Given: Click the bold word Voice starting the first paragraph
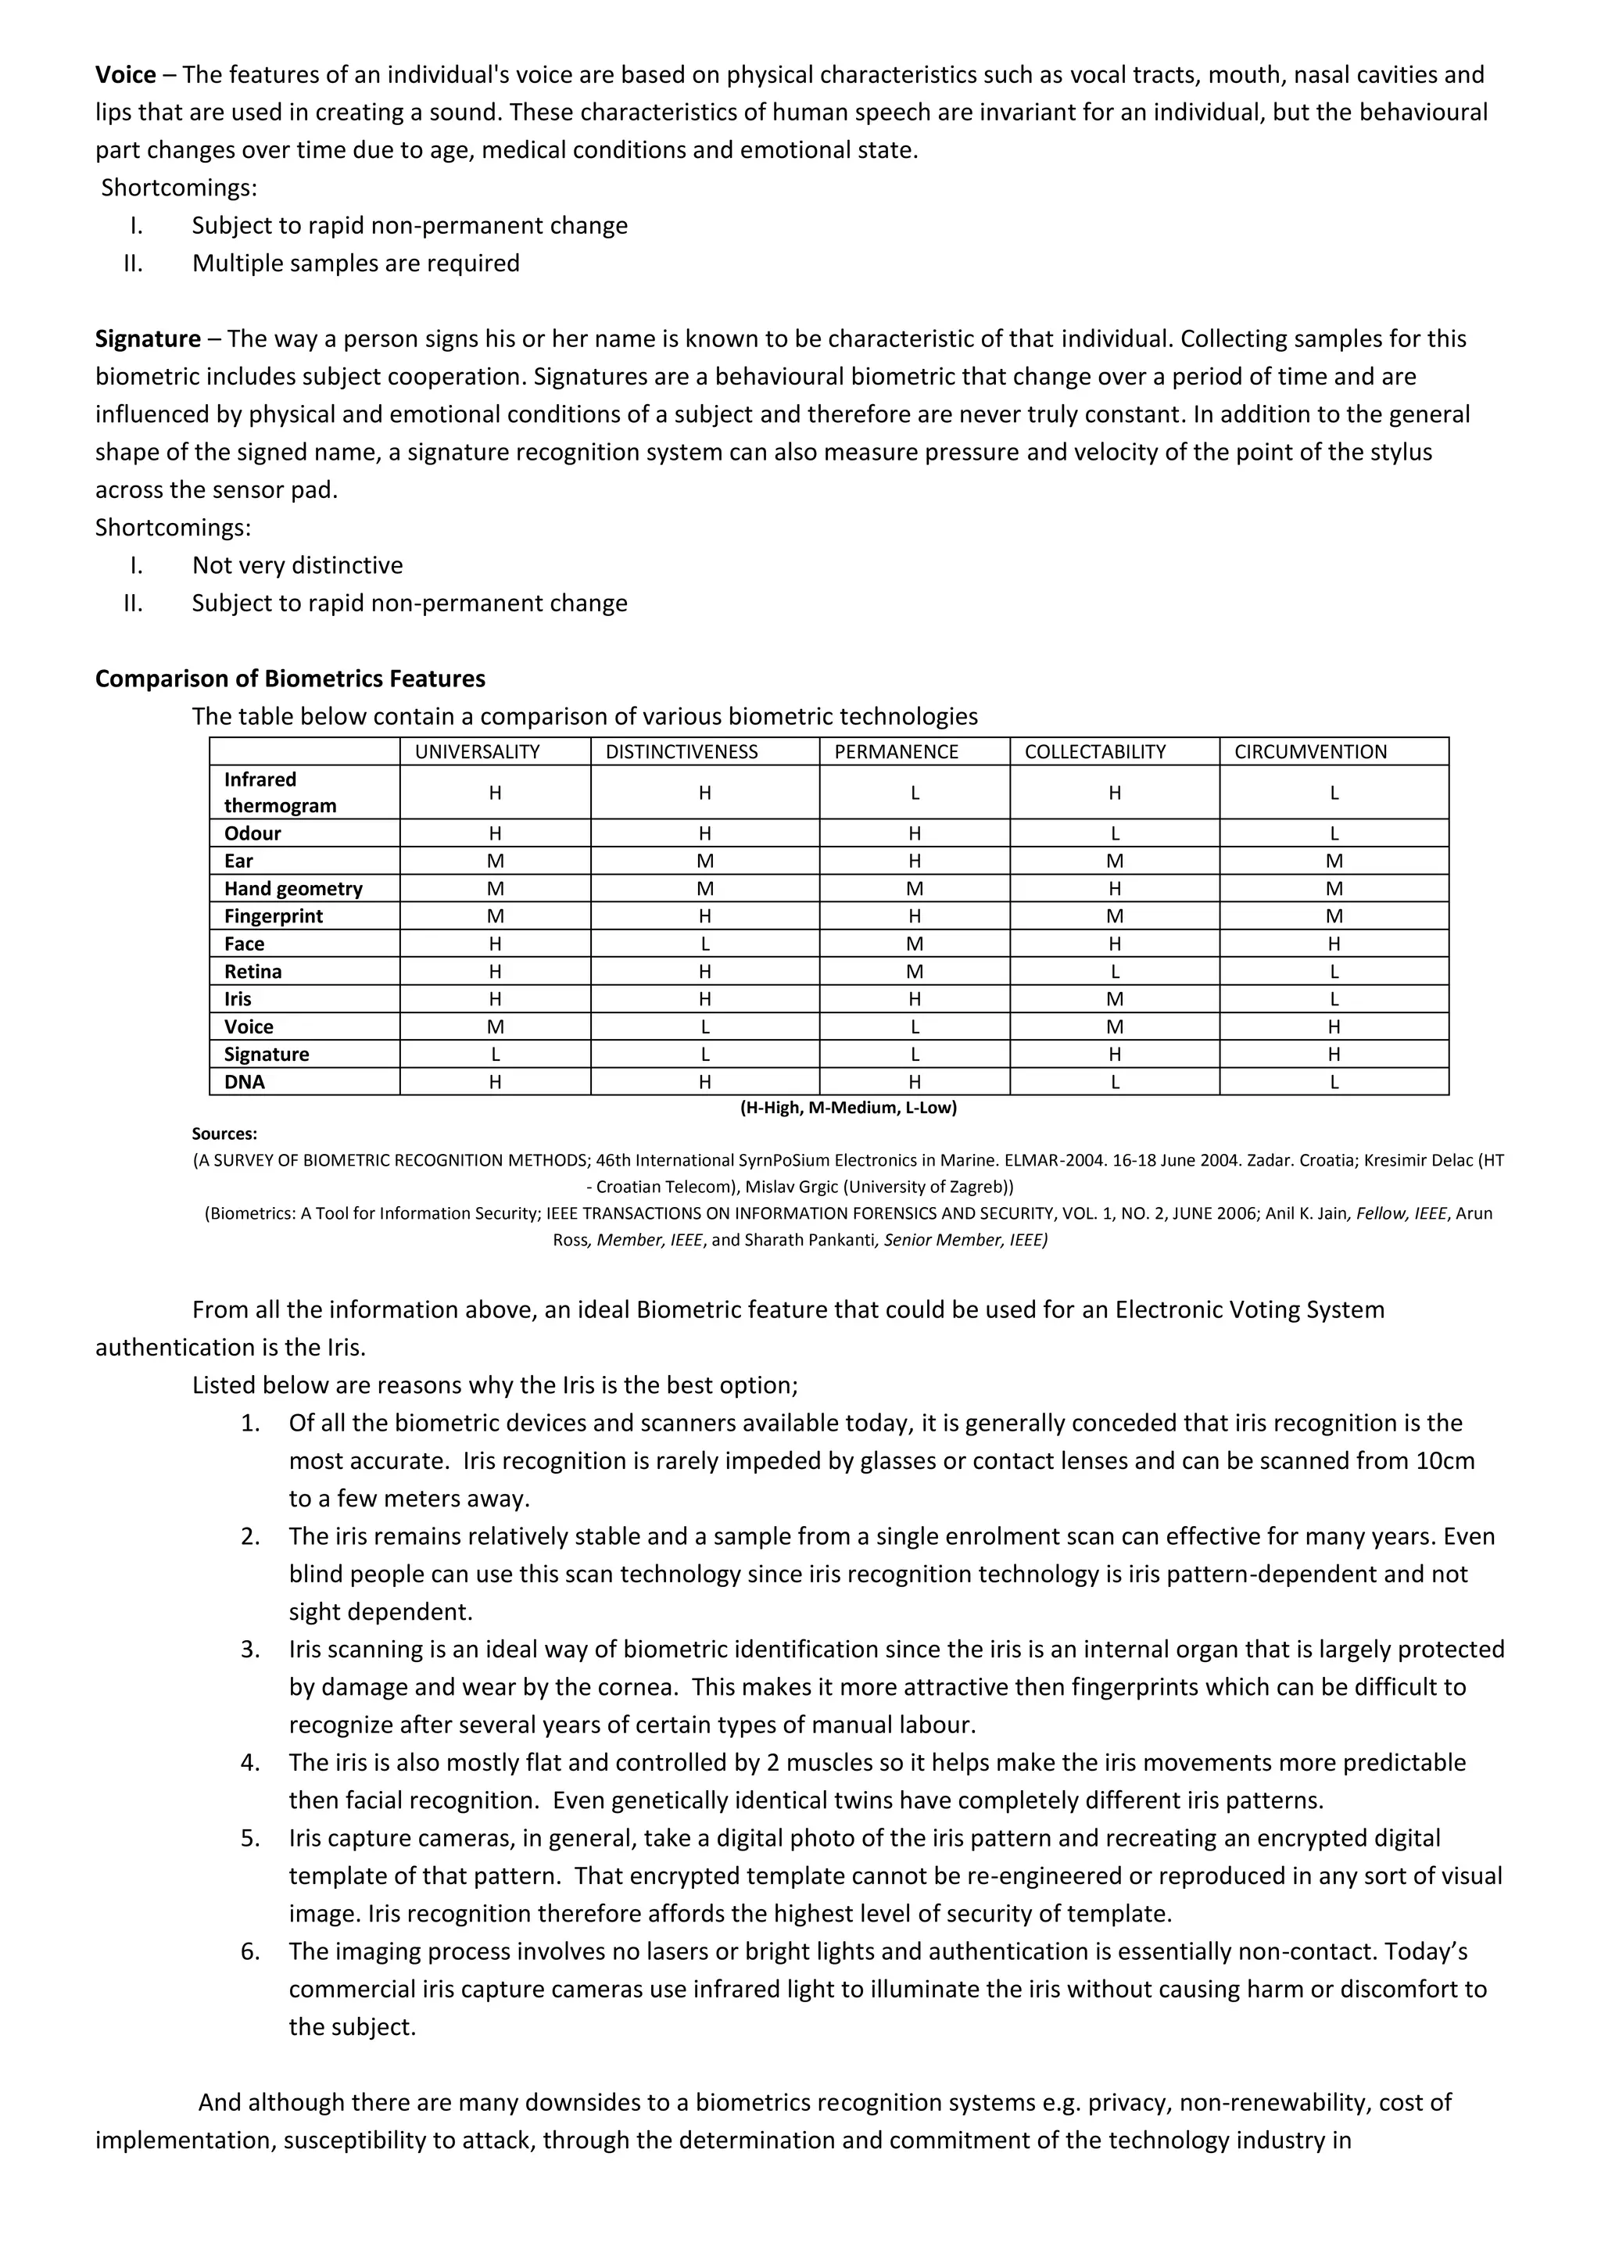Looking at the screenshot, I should [125, 75].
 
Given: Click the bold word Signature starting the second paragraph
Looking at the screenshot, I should [148, 339].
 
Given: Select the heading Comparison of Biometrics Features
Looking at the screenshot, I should [290, 679].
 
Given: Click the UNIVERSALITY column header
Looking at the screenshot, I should [477, 752].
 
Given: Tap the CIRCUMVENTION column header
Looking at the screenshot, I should [1310, 752].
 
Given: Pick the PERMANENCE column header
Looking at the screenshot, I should [896, 752].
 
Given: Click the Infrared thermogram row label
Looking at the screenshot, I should [280, 793].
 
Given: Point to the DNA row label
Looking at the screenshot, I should [245, 1083].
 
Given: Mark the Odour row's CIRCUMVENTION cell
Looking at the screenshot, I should [1334, 834].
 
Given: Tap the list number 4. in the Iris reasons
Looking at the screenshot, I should [250, 1763].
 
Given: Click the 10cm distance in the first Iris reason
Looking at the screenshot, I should [1444, 1461].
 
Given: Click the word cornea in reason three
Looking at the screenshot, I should [637, 1687].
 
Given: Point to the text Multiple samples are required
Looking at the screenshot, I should [356, 264].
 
